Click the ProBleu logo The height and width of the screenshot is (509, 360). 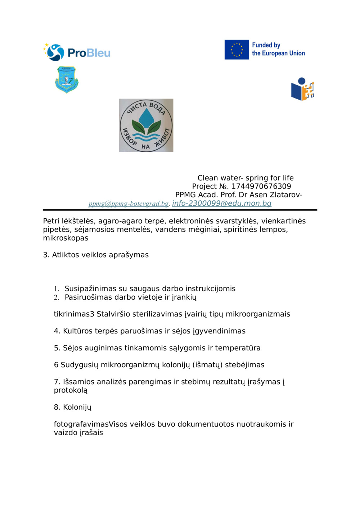[x=77, y=53]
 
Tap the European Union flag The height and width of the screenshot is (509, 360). [x=237, y=50]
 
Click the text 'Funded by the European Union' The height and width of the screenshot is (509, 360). [x=278, y=49]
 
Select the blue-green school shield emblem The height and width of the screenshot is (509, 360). [x=67, y=79]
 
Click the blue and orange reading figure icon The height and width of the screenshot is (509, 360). [x=302, y=90]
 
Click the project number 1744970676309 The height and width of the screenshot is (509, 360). [x=261, y=186]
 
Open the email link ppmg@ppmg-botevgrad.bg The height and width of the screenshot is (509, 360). [x=129, y=204]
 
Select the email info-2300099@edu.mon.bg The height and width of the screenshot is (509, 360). [x=222, y=203]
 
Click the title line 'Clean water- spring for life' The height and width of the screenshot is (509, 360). [x=246, y=178]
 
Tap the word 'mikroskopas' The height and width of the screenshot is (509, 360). [x=66, y=238]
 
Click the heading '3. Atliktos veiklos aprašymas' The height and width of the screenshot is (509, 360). [x=96, y=255]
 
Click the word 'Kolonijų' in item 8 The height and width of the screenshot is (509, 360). [x=77, y=407]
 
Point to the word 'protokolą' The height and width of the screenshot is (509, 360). [x=71, y=390]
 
